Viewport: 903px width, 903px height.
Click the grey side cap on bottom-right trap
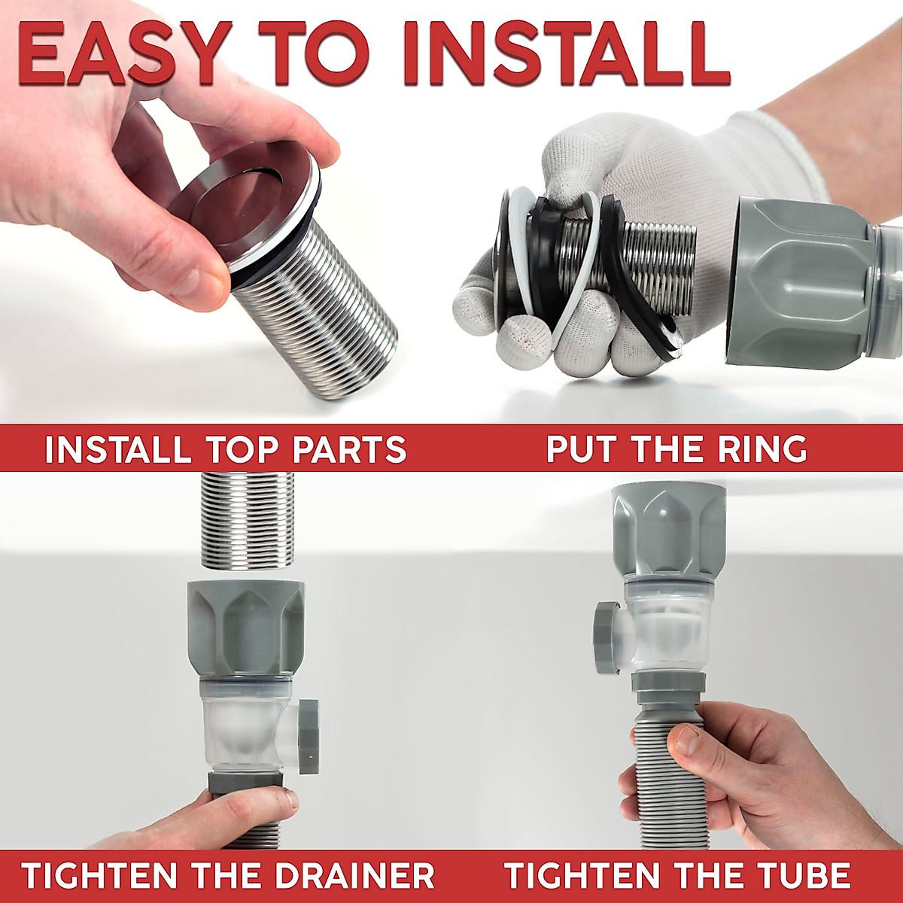[605, 637]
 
